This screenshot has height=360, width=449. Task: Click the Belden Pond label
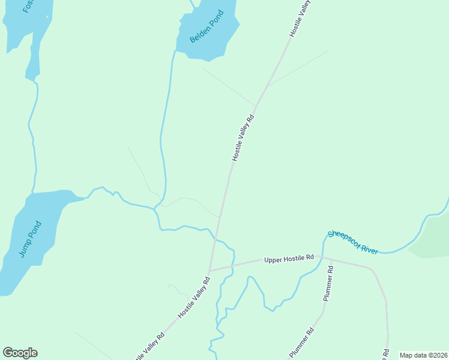206,26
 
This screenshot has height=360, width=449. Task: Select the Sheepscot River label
353,242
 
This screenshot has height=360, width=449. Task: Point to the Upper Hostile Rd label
289,258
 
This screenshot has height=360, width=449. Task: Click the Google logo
20,353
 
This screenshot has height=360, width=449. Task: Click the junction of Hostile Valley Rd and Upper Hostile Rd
209,271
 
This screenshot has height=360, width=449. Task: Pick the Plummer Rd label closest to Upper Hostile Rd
328,284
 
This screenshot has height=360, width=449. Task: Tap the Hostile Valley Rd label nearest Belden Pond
244,137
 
